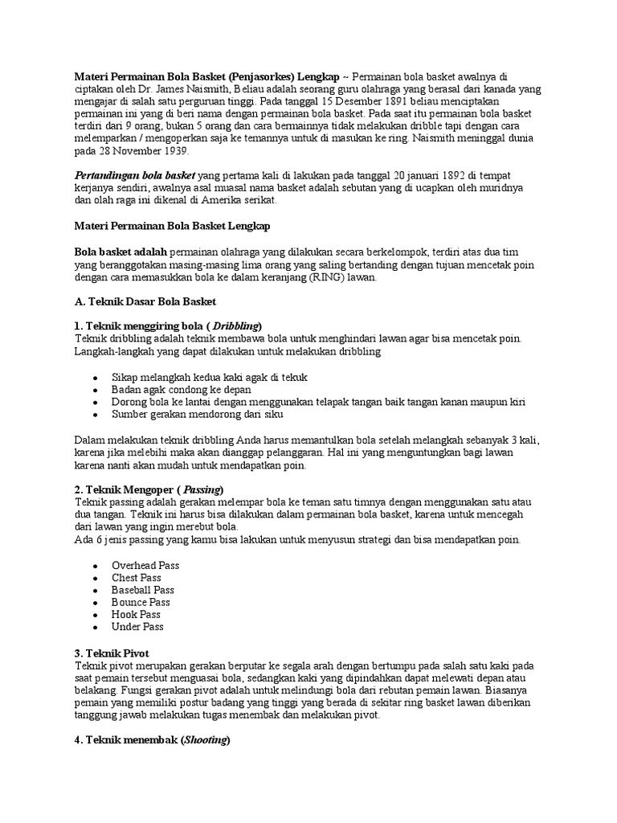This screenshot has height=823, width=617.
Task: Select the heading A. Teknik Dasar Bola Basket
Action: pyautogui.click(x=145, y=301)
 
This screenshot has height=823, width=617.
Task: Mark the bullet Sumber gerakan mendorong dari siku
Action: pyautogui.click(x=197, y=414)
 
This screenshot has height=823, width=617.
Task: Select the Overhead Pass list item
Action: pyautogui.click(x=145, y=565)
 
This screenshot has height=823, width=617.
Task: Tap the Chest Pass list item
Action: pyautogui.click(x=137, y=578)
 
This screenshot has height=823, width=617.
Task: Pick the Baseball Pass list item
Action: pyautogui.click(x=143, y=590)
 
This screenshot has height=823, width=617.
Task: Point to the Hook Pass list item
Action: pyautogui.click(x=136, y=614)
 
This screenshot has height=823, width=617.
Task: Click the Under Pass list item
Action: pyautogui.click(x=137, y=626)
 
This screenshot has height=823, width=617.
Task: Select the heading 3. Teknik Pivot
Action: pyautogui.click(x=112, y=652)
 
